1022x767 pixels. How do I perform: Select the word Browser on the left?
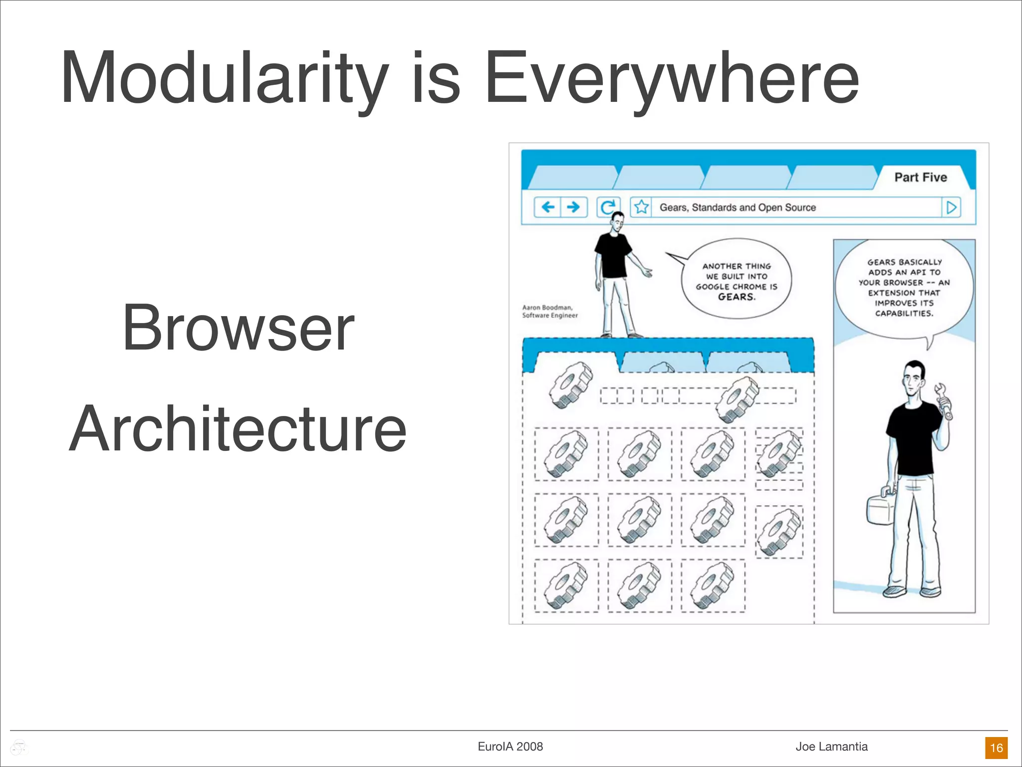click(x=238, y=328)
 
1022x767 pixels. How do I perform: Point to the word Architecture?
click(x=238, y=429)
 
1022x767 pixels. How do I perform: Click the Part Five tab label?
click(x=920, y=177)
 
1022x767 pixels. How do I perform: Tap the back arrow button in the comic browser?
click(x=548, y=207)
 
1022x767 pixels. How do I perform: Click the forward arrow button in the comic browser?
click(x=574, y=207)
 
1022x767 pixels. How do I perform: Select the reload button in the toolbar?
click(x=608, y=207)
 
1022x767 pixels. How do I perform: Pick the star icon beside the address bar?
click(x=642, y=207)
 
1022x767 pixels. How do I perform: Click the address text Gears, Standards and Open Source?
click(x=738, y=207)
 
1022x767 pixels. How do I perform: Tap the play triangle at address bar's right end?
click(x=952, y=207)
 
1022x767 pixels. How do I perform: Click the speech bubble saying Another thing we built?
click(x=737, y=280)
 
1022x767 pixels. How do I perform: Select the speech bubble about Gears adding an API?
click(x=904, y=288)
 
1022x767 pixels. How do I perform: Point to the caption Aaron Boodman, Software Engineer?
click(x=549, y=312)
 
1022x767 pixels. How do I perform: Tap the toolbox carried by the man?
click(x=881, y=507)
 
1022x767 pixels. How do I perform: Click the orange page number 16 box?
click(x=996, y=748)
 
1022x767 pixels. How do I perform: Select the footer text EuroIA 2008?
click(x=510, y=747)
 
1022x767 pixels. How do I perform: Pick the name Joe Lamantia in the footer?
click(x=831, y=747)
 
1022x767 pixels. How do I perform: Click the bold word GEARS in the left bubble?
click(x=737, y=297)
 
